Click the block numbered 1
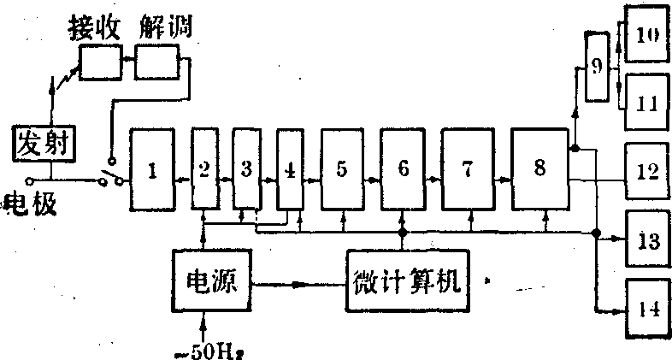pyautogui.click(x=152, y=169)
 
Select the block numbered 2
pyautogui.click(x=203, y=169)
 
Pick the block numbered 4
pyautogui.click(x=290, y=169)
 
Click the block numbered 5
pyautogui.click(x=342, y=169)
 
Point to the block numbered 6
pyautogui.click(x=403, y=169)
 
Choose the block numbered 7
pyautogui.click(x=465, y=169)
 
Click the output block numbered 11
pyautogui.click(x=648, y=102)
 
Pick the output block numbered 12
pyautogui.click(x=648, y=170)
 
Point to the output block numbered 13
pyautogui.click(x=648, y=239)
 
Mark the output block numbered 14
pyautogui.click(x=648, y=308)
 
